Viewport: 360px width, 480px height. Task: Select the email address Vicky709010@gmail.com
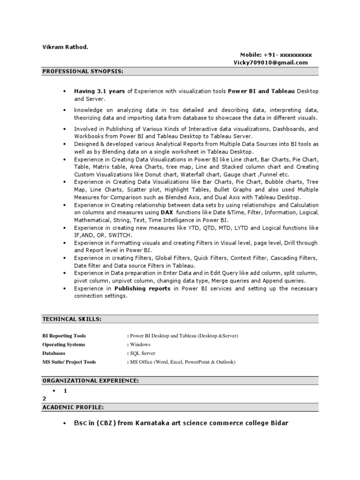pyautogui.click(x=270, y=62)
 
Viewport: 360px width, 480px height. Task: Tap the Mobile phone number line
pyautogui.click(x=276, y=55)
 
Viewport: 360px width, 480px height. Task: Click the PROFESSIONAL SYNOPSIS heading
pyautogui.click(x=83, y=71)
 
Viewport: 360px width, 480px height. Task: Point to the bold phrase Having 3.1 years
pyautogui.click(x=99, y=90)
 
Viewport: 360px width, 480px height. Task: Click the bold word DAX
pyautogui.click(x=167, y=212)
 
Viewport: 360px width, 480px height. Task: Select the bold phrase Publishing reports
pyautogui.click(x=142, y=289)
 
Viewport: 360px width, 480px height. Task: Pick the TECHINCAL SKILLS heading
pyautogui.click(x=71, y=319)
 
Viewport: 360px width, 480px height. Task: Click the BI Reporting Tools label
pyautogui.click(x=64, y=336)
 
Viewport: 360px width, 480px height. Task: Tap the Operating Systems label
pyautogui.click(x=64, y=345)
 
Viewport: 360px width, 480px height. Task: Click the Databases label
pyautogui.click(x=54, y=353)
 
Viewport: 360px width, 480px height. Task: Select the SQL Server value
pyautogui.click(x=142, y=353)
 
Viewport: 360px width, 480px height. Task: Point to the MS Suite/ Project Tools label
pyautogui.click(x=69, y=362)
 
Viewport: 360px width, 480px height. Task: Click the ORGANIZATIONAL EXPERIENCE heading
pyautogui.click(x=90, y=381)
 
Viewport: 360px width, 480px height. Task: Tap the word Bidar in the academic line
pyautogui.click(x=278, y=423)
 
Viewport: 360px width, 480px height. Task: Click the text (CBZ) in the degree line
pyautogui.click(x=106, y=423)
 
